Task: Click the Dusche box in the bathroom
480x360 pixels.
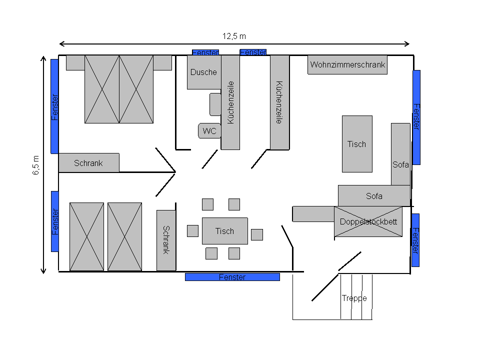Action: [203, 72]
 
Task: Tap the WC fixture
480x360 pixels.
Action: [209, 131]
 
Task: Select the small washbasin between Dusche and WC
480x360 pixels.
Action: [215, 104]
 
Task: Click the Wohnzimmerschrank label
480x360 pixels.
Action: [347, 64]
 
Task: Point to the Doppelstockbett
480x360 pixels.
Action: [368, 221]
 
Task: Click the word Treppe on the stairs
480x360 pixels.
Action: [354, 298]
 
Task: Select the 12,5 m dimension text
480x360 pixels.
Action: [234, 36]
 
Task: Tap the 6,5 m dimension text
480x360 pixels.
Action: [36, 165]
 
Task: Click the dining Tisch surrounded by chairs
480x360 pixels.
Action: [224, 231]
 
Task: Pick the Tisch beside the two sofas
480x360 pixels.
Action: [356, 144]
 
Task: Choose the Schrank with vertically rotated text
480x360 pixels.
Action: [166, 240]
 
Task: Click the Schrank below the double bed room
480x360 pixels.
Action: [88, 163]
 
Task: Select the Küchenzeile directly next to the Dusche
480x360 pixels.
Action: [230, 102]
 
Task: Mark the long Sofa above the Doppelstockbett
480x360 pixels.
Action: [373, 196]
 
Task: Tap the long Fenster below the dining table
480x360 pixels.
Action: [232, 277]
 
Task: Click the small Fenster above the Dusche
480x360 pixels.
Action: [205, 52]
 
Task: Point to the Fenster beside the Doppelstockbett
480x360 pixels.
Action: [415, 240]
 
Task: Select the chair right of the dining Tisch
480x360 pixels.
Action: [257, 234]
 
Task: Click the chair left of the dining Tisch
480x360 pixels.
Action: [192, 231]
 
